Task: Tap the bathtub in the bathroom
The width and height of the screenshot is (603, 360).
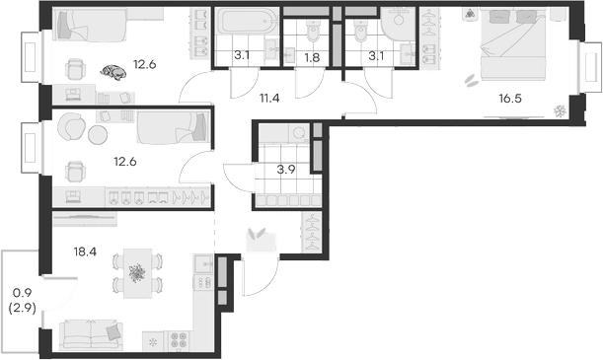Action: point(242,24)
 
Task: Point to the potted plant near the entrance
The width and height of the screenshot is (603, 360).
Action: point(259,235)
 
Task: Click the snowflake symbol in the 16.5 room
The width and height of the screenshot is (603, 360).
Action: point(560,108)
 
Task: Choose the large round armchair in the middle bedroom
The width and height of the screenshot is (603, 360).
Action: point(71,127)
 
